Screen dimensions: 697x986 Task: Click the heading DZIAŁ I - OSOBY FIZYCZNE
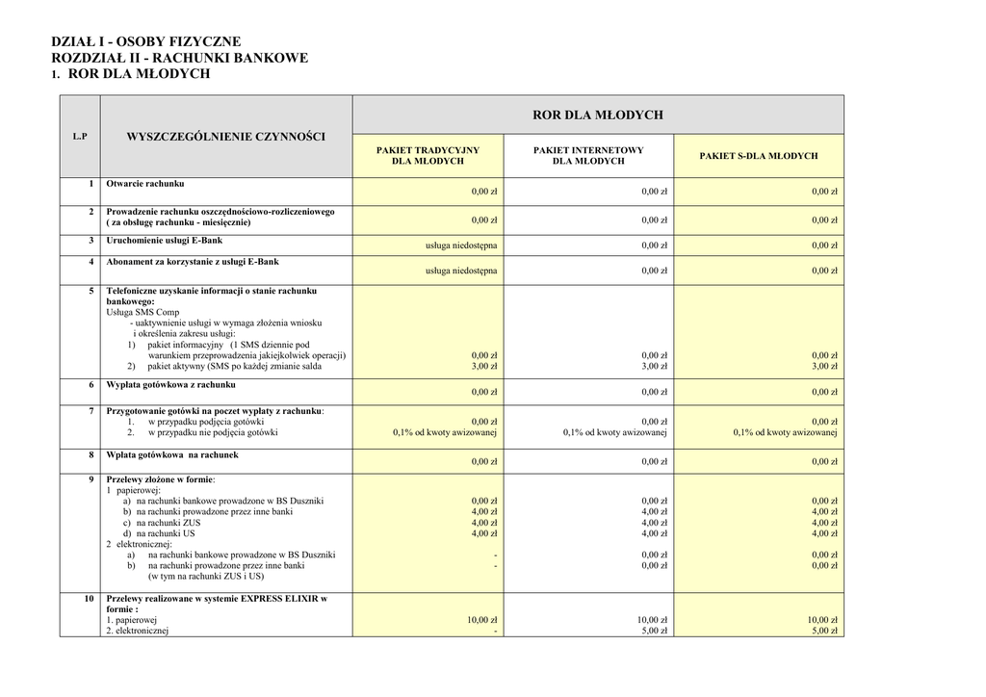click(x=145, y=42)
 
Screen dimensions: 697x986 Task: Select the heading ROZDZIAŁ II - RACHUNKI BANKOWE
click(x=179, y=58)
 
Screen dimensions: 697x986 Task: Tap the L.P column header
click(x=79, y=136)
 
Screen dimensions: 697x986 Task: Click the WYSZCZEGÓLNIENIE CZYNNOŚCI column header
click(x=226, y=136)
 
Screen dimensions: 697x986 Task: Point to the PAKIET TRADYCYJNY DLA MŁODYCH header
click(x=428, y=156)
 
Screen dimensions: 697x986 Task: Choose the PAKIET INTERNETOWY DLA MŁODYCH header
click(x=588, y=156)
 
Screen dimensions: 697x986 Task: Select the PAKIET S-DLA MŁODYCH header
click(x=759, y=156)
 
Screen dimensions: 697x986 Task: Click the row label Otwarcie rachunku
click(x=145, y=183)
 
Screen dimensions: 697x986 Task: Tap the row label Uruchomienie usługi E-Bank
click(x=164, y=240)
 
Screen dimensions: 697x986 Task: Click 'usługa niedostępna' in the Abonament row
click(x=461, y=271)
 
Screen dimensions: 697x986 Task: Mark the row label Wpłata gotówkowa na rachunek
click(x=171, y=454)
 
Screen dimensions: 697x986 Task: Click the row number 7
click(x=91, y=411)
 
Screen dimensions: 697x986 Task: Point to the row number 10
click(x=90, y=599)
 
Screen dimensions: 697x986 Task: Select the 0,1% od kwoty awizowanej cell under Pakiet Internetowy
click(x=615, y=432)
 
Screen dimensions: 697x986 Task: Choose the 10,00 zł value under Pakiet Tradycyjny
click(x=481, y=620)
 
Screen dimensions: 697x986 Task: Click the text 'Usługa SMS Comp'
click(x=143, y=312)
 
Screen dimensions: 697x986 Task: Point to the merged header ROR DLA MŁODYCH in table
click(x=598, y=115)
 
